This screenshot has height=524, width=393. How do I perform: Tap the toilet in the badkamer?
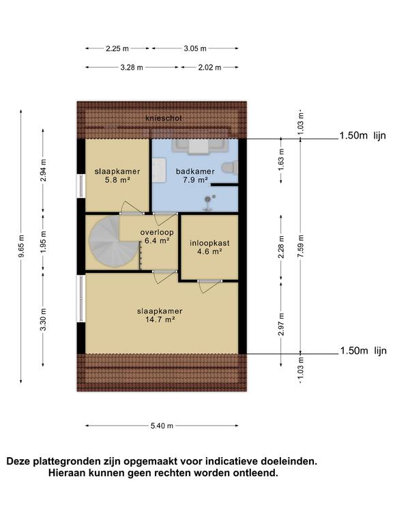[x=231, y=167]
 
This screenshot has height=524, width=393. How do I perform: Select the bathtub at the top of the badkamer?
[x=200, y=147]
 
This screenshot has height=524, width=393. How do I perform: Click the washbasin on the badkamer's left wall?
[x=159, y=171]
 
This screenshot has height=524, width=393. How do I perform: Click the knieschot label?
[x=164, y=118]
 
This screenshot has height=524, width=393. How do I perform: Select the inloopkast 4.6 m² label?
[x=209, y=247]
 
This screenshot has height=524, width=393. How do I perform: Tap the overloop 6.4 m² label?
[x=157, y=236]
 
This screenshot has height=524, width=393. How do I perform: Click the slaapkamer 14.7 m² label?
[x=160, y=315]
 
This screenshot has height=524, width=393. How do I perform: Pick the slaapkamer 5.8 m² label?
[x=117, y=175]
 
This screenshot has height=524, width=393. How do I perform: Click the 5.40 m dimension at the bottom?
[x=162, y=426]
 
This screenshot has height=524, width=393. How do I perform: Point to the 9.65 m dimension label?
[x=21, y=246]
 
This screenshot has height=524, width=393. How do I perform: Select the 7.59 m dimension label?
[x=300, y=246]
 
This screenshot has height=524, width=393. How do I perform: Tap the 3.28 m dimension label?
[x=132, y=68]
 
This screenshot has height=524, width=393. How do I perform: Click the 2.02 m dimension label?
[x=209, y=68]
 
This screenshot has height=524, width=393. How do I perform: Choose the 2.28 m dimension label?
[x=281, y=247]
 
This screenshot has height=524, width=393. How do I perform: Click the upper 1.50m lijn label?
[x=362, y=136]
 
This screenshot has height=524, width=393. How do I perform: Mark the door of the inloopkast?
[x=209, y=286]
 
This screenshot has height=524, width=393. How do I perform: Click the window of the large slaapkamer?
[x=81, y=299]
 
